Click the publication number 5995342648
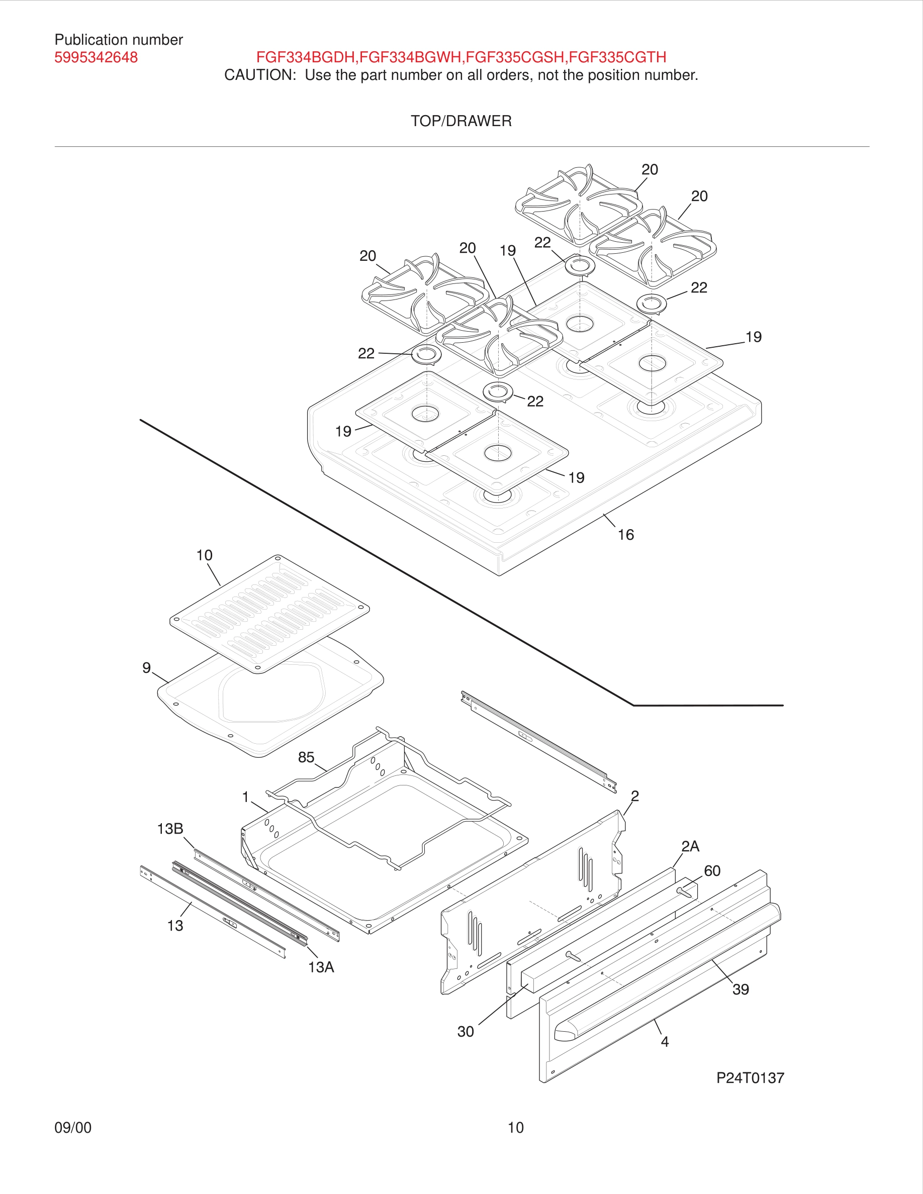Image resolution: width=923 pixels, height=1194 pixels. pos(96,57)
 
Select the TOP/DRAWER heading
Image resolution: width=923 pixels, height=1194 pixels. pos(461,121)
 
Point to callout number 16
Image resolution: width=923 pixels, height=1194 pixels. pos(625,535)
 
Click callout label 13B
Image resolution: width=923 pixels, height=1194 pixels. pos(169,829)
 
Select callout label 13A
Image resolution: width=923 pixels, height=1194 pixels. pos(320,967)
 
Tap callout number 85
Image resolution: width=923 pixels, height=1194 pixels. pos(306,757)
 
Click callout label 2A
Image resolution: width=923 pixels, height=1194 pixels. pos(690,846)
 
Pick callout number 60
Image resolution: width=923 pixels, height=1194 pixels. pos(711,871)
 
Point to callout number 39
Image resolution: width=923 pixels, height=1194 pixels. pos(741,989)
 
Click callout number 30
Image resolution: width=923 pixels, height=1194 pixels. pos(466,1032)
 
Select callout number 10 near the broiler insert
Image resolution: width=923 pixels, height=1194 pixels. pos(204,555)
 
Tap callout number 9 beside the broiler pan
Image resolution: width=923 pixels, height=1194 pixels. pos(146,668)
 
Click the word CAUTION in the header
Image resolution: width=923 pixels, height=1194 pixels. pos(259,75)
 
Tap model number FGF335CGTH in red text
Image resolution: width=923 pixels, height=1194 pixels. pos(617,57)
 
